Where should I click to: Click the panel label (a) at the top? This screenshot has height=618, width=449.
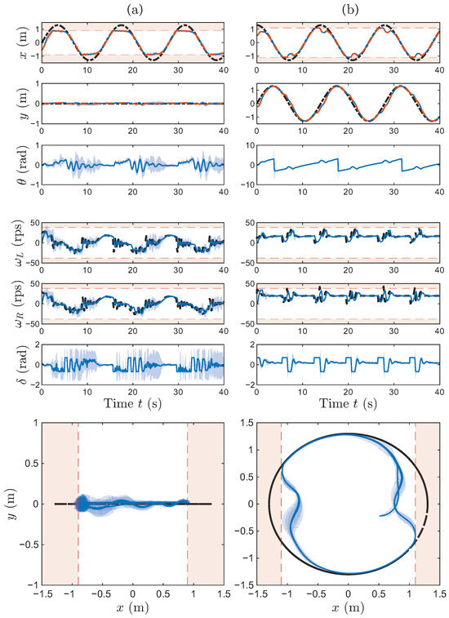134,11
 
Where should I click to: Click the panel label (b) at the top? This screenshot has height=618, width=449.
349,11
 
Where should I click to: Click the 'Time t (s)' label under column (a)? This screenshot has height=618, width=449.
132,403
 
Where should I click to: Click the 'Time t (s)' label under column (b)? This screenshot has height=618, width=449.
348,403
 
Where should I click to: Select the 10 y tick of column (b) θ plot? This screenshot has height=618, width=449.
249,145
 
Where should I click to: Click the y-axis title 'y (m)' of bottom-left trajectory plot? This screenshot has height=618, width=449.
12,504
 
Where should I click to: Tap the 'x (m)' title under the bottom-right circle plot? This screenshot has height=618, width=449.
348,607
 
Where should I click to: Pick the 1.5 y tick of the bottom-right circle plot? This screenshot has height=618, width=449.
247,423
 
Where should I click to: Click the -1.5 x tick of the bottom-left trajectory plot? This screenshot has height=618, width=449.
41,594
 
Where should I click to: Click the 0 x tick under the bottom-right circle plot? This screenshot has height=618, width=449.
348,594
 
